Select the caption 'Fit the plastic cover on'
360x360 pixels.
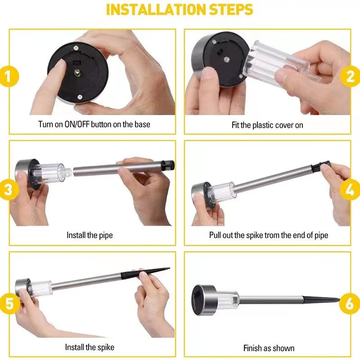pyautogui.click(x=267, y=125)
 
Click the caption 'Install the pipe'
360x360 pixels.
pyautogui.click(x=90, y=235)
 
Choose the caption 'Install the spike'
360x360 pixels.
pyautogui.click(x=90, y=347)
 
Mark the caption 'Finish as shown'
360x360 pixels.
pyautogui.click(x=269, y=348)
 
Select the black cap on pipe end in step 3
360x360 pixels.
pyautogui.click(x=170, y=165)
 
